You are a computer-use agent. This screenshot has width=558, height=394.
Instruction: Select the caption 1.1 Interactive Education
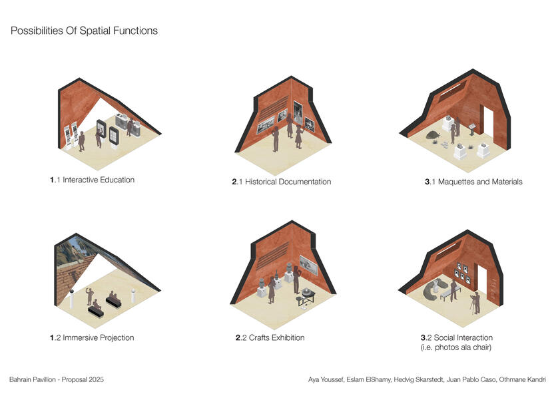coord(92,180)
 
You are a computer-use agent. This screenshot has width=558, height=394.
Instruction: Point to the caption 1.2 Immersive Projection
coord(92,337)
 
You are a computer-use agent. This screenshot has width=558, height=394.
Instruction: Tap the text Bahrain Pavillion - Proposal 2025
coord(57,379)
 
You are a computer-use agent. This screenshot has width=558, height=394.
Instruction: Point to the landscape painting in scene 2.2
coord(308,264)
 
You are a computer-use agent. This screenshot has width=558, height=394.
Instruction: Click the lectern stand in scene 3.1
coord(471,126)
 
